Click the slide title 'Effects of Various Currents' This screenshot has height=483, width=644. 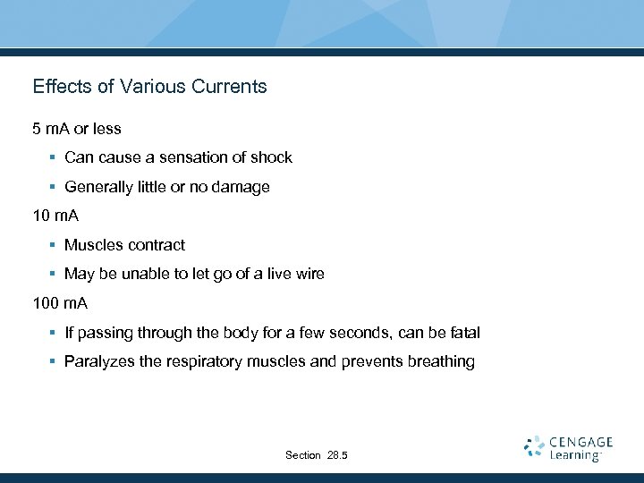(x=149, y=87)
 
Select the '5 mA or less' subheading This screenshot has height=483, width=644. (x=77, y=129)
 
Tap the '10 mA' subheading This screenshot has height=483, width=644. (x=55, y=216)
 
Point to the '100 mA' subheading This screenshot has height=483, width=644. (x=60, y=303)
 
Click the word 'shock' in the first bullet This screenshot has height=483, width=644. (x=271, y=157)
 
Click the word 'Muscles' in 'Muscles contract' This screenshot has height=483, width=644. (x=92, y=245)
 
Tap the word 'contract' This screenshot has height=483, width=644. (x=156, y=245)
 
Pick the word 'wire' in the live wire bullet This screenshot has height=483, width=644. (x=309, y=274)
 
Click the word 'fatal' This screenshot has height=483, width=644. (x=462, y=333)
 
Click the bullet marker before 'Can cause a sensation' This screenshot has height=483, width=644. (x=53, y=157)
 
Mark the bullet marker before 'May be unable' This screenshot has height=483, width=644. (x=53, y=274)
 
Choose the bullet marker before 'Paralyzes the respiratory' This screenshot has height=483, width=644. (x=53, y=362)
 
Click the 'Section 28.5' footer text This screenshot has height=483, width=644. (x=317, y=455)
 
